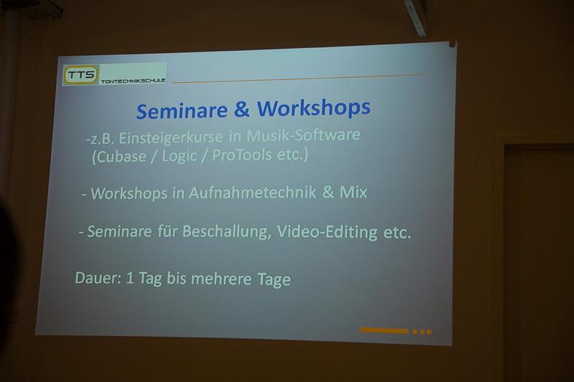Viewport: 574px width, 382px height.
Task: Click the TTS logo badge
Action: pos(81,75)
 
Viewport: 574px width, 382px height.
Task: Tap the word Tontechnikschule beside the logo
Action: pos(133,81)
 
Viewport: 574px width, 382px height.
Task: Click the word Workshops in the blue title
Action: pos(314,108)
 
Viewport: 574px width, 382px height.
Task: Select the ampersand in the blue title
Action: pos(241,110)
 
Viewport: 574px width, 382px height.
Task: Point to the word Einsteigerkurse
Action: pos(170,138)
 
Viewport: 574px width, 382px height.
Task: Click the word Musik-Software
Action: pos(304,135)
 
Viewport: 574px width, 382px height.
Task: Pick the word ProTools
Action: pos(242,155)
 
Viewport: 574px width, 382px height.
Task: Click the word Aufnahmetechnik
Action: pos(252,193)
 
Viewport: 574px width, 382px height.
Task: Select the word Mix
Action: pos(353,192)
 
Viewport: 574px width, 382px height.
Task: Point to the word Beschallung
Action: pos(227,231)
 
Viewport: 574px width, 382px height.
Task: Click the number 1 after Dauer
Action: pos(130,278)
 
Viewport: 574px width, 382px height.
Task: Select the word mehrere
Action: pos(221,279)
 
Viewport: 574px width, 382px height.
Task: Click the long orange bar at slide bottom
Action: pos(385,330)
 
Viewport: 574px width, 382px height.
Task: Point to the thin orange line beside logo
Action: pos(299,79)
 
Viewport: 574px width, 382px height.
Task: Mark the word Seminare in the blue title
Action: pos(182,111)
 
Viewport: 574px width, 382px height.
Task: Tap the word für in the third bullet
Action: pos(167,231)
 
